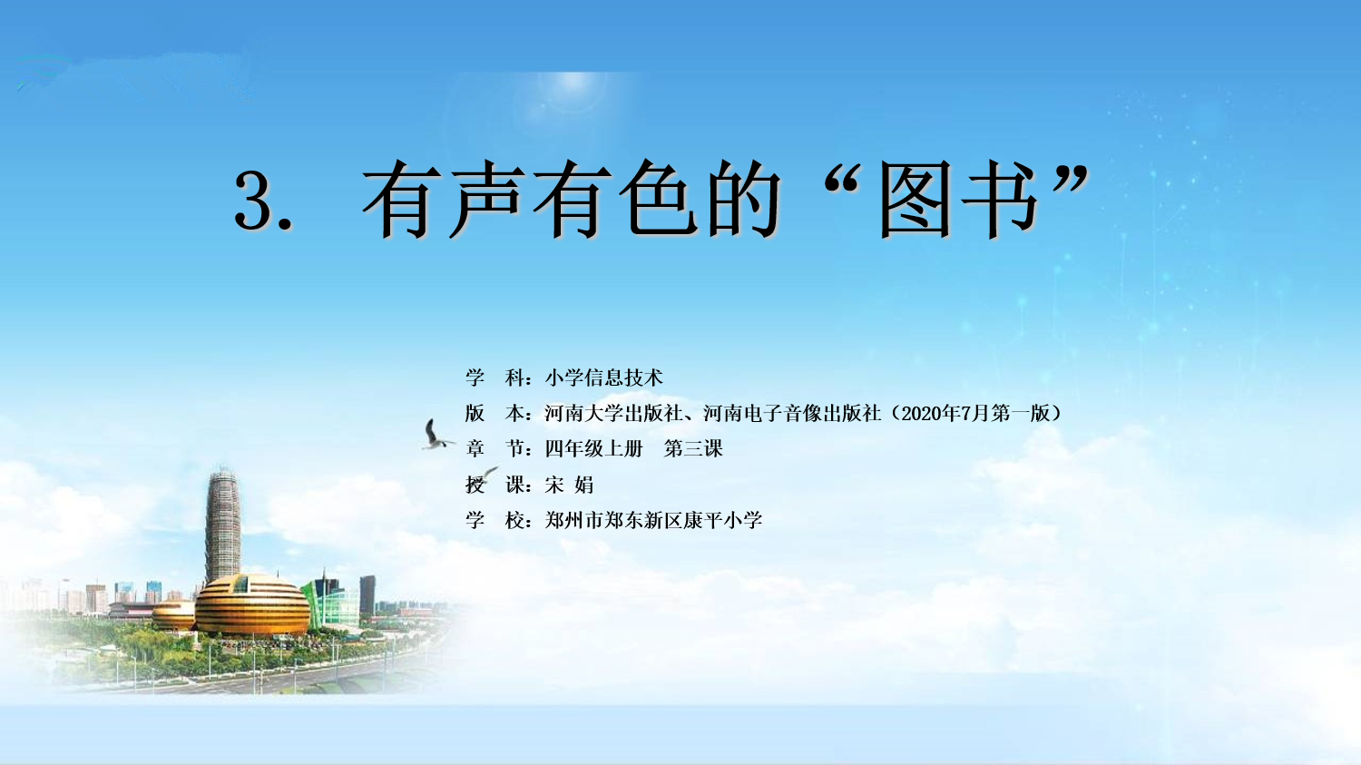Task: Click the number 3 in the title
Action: [253, 200]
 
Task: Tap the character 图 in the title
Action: [915, 200]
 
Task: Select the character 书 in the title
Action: [998, 200]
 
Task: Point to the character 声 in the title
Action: [486, 200]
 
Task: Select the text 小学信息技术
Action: [603, 378]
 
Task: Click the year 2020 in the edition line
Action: [923, 414]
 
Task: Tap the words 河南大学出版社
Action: [613, 414]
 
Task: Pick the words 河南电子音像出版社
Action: [792, 414]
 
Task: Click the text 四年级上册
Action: [593, 449]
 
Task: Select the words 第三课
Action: [693, 449]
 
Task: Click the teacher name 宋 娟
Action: [569, 485]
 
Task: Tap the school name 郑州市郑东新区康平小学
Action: [653, 520]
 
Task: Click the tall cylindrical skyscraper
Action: [223, 525]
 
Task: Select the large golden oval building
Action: [252, 605]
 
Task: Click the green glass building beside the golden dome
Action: [331, 602]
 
